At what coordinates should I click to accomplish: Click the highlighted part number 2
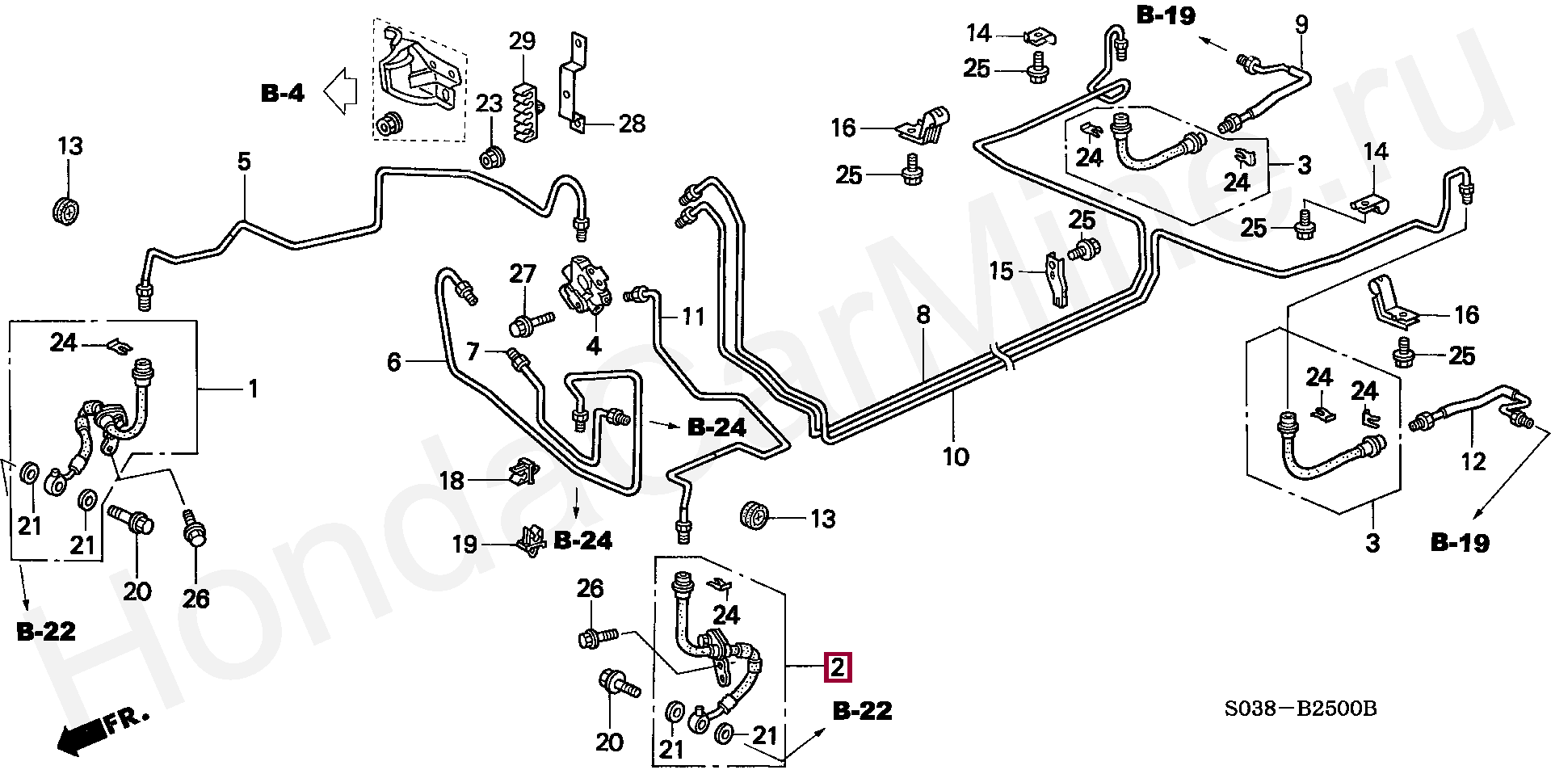(838, 667)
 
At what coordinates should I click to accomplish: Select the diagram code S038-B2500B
(1300, 709)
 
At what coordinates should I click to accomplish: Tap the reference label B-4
(283, 94)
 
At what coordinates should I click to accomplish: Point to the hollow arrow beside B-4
(340, 90)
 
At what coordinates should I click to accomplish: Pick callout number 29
(522, 40)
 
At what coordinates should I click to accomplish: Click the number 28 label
(632, 124)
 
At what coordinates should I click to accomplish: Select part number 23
(489, 103)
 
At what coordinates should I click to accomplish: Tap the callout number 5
(244, 162)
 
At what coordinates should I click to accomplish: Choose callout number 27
(523, 274)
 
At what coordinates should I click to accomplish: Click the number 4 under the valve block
(594, 347)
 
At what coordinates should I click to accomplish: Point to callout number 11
(693, 316)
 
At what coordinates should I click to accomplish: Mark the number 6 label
(394, 362)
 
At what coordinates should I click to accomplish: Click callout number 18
(452, 481)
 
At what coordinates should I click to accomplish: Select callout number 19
(464, 544)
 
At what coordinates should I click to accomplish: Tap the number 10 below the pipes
(956, 456)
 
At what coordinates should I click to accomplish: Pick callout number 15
(1001, 271)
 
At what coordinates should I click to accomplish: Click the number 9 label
(1301, 25)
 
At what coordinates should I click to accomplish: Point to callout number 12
(1473, 461)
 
